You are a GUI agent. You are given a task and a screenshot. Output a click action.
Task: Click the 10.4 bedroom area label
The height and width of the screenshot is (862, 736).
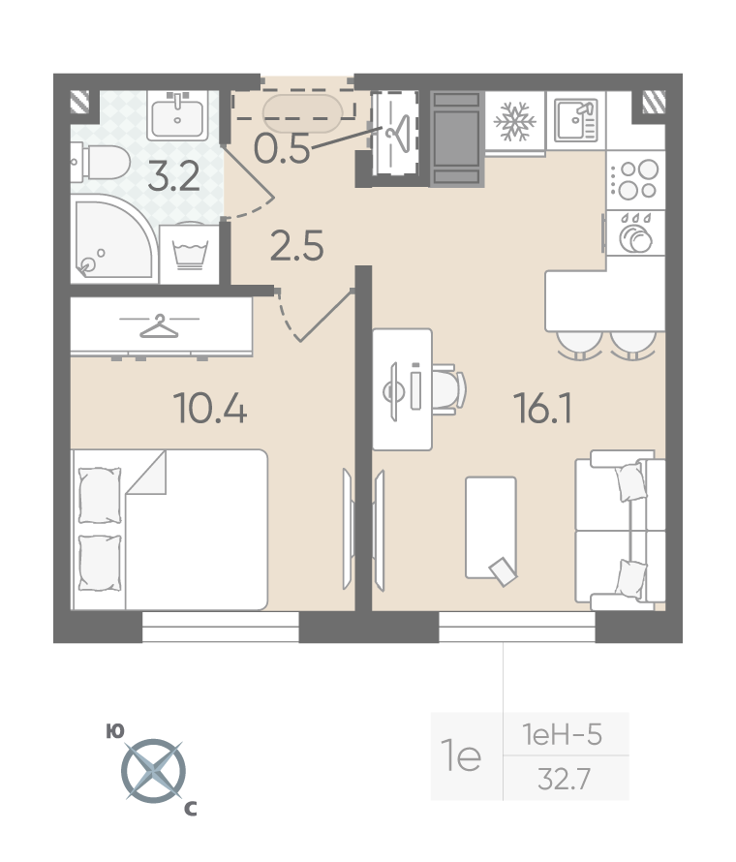pyautogui.click(x=210, y=408)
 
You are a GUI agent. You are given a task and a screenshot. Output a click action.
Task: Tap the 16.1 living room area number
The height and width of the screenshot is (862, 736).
pyautogui.click(x=543, y=408)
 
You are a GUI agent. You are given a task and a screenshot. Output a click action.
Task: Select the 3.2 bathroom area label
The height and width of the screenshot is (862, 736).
pyautogui.click(x=173, y=176)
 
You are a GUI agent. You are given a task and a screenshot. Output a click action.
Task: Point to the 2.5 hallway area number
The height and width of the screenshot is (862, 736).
pyautogui.click(x=296, y=245)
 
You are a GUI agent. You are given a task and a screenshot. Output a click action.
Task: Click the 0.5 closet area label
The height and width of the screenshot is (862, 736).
pyautogui.click(x=282, y=148)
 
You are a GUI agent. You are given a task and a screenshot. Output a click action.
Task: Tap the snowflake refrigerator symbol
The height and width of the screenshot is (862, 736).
pyautogui.click(x=514, y=121)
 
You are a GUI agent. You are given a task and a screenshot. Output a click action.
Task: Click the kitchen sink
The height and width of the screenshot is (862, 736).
pyautogui.click(x=575, y=120)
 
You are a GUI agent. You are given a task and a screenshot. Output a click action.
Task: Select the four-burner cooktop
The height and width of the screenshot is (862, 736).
pyautogui.click(x=635, y=180)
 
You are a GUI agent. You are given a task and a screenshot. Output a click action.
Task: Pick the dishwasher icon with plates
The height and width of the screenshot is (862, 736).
pyautogui.click(x=635, y=233)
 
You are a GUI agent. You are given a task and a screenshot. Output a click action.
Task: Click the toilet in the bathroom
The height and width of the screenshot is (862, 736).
pyautogui.click(x=101, y=162)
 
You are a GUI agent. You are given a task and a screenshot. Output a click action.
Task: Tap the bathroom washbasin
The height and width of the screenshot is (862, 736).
pyautogui.click(x=177, y=115)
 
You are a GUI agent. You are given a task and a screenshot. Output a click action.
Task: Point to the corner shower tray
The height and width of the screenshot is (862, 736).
pyautogui.click(x=112, y=237)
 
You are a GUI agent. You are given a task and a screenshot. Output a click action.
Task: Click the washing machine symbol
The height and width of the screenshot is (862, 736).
pyautogui.click(x=190, y=254)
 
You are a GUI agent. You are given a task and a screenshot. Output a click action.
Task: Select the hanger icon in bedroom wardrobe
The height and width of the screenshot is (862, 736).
pyautogui.click(x=159, y=325)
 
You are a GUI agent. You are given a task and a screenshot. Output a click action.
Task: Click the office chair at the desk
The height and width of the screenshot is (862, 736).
pyautogui.click(x=449, y=389)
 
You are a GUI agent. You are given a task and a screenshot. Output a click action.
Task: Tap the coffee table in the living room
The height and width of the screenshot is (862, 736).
pyautogui.click(x=491, y=528)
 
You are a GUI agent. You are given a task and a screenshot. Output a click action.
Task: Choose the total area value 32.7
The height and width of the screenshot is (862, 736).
pyautogui.click(x=564, y=779)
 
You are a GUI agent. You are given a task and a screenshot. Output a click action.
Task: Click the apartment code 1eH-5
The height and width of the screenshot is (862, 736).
pyautogui.click(x=562, y=734)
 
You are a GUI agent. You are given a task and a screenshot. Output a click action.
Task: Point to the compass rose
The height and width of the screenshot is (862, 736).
pyautogui.click(x=153, y=770)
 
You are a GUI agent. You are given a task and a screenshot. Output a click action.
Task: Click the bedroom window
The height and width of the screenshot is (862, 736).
pyautogui.click(x=221, y=628)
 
